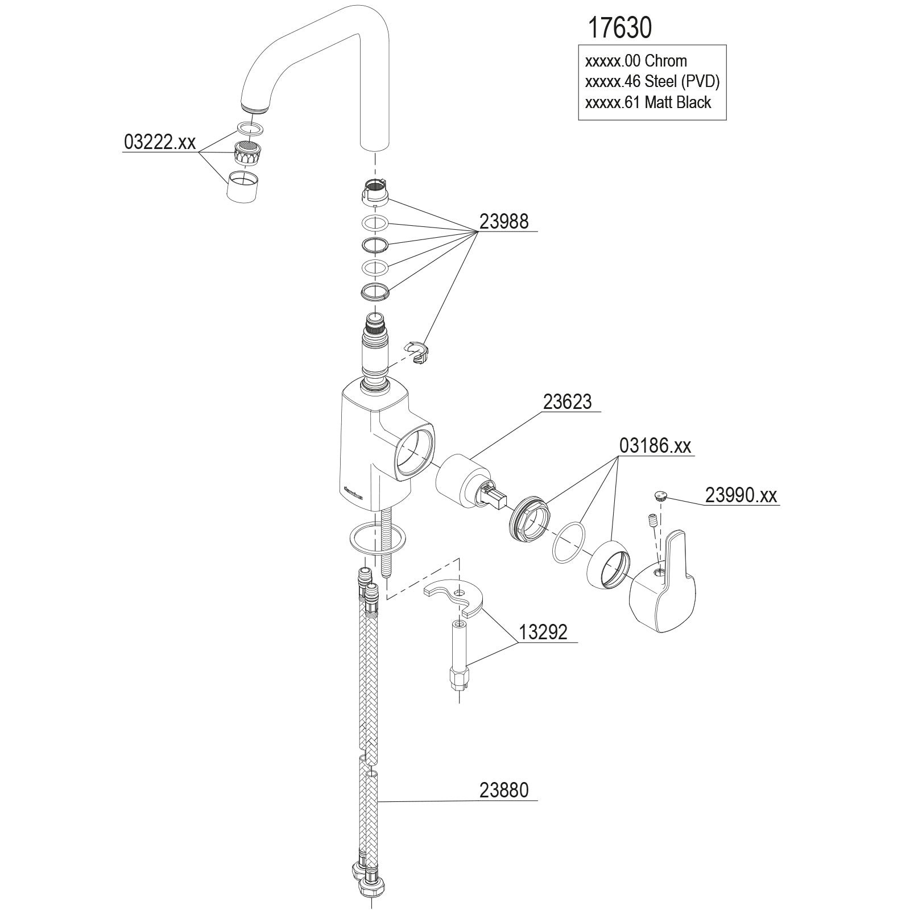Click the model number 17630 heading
coord(619,27)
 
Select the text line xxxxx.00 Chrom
coord(636,61)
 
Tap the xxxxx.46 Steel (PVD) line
coord(652,81)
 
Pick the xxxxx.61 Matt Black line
coord(648,102)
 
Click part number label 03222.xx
coord(159,142)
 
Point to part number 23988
coord(504,221)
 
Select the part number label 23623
coord(567,402)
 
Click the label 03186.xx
coord(655,446)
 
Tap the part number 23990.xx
coord(741,495)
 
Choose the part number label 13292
coord(543,632)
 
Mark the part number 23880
coord(504,790)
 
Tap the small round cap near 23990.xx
coord(660,495)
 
